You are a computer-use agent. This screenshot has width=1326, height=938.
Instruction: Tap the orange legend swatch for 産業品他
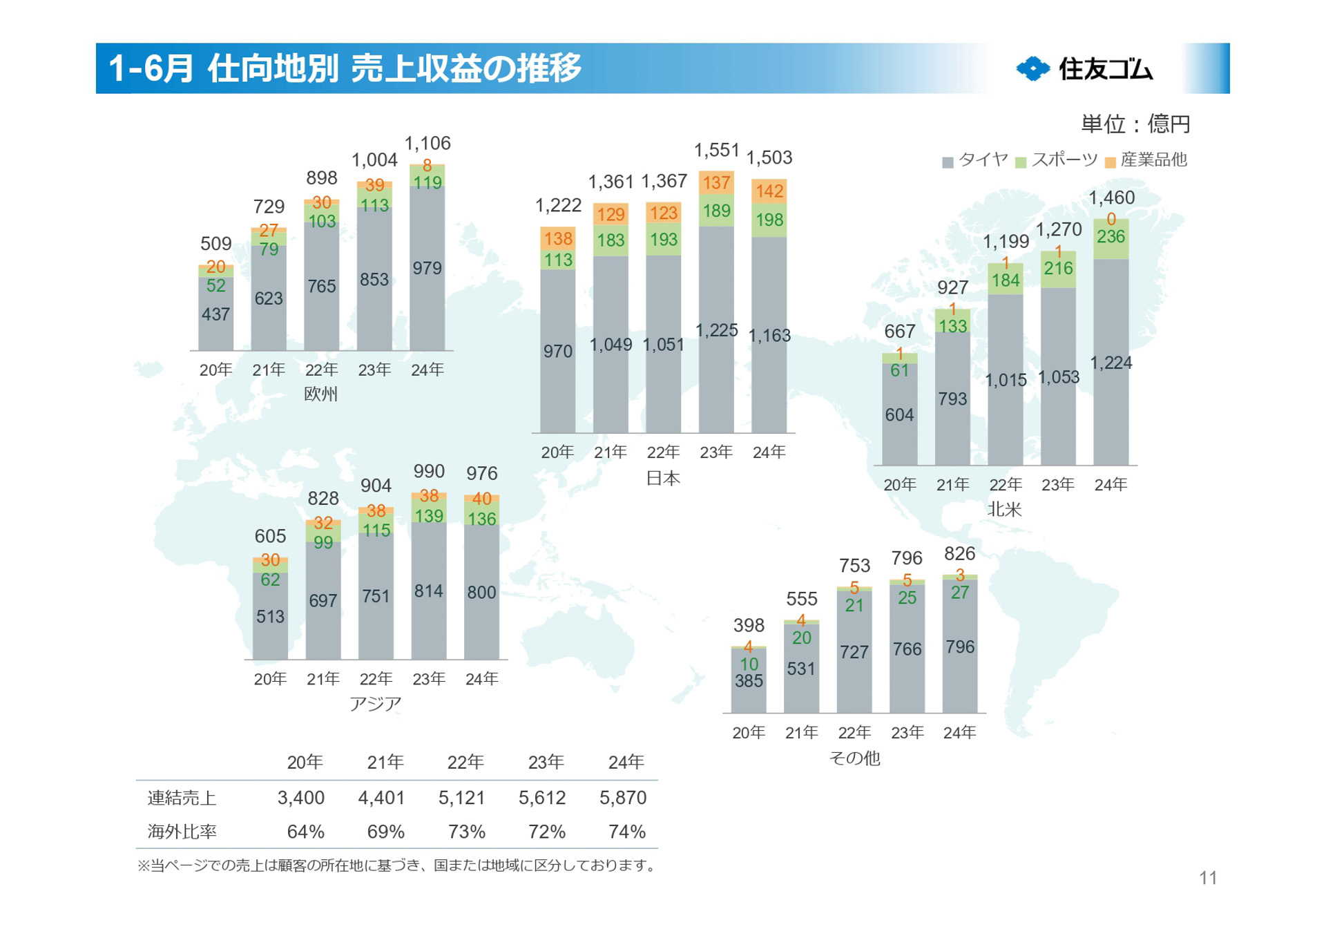pos(1110,162)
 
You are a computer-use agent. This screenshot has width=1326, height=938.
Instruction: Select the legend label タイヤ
pos(983,160)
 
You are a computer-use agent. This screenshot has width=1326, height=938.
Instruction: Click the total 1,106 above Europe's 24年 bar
pos(427,143)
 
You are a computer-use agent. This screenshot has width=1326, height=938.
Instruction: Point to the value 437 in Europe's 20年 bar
pos(215,314)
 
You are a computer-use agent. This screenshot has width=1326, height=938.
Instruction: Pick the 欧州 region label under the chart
pos(320,394)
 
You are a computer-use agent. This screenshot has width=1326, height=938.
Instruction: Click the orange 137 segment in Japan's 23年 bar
pos(716,182)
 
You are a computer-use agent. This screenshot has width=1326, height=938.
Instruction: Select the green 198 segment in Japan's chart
pos(769,220)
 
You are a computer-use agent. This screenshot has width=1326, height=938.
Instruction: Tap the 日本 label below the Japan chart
pos(662,478)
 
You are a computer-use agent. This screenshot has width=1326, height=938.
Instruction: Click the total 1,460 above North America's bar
pos(1111,198)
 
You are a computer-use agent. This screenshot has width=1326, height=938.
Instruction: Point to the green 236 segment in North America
pos(1111,237)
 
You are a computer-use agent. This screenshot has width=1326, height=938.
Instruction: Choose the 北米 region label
pos(1004,510)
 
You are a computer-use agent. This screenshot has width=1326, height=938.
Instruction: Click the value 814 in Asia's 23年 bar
pos(428,591)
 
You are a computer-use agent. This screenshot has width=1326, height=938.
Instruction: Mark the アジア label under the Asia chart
pos(375,704)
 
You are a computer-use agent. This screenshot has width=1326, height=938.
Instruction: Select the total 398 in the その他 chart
pos(748,625)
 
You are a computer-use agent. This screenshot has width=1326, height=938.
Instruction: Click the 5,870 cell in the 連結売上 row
pos(622,798)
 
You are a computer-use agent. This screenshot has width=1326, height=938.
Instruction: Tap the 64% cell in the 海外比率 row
pos(305,832)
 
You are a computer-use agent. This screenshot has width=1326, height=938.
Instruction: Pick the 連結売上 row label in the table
pos(182,798)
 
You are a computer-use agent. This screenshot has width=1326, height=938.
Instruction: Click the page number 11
pos(1207,877)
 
